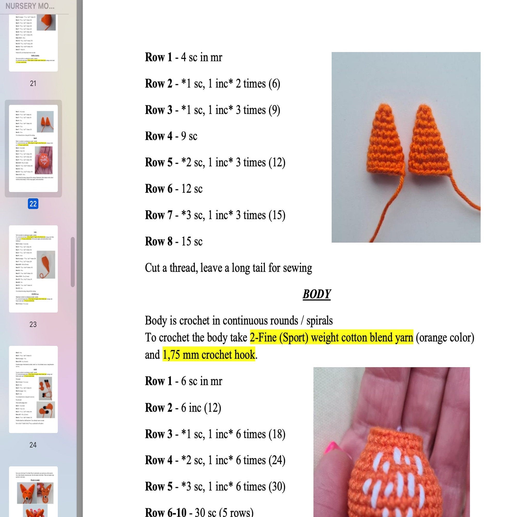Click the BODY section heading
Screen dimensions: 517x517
click(x=317, y=294)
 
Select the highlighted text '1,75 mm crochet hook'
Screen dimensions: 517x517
click(x=209, y=355)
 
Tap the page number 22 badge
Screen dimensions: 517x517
click(x=33, y=204)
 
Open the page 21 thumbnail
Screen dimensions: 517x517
click(x=33, y=43)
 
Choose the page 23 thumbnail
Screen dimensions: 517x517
click(x=33, y=269)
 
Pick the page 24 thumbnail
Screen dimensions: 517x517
click(x=33, y=389)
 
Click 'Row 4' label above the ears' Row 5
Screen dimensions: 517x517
click(x=158, y=136)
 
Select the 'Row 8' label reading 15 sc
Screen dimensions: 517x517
click(x=158, y=241)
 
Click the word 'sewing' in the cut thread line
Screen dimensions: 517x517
click(x=300, y=268)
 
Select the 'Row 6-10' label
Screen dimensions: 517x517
click(x=165, y=512)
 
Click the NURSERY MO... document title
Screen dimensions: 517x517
click(x=30, y=6)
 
